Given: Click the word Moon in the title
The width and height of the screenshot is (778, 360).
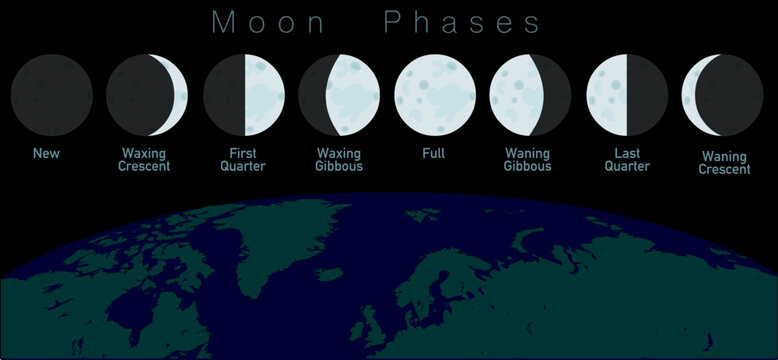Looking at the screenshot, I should coord(267,23).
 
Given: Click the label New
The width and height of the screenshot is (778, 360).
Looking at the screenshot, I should coord(46,154).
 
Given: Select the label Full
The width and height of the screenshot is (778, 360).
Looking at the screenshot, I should coord(434,154).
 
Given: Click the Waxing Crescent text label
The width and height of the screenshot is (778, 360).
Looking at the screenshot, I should coord(146,160).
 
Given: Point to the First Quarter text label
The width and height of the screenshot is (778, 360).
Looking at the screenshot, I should coord(242,160).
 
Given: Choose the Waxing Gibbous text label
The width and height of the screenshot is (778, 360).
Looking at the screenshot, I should coord(339,160).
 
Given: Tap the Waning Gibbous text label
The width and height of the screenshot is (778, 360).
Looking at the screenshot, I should coord(528,160).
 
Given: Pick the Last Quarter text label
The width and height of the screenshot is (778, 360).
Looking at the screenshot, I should coord(625,160).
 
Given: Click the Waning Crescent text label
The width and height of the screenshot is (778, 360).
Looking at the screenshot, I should coord(725,162).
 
